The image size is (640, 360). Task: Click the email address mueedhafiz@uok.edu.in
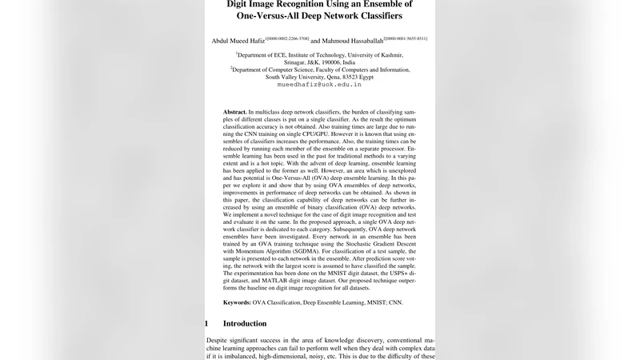(x=319, y=84)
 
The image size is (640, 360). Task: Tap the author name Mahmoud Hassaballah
(x=351, y=41)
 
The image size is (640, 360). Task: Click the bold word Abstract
(x=235, y=112)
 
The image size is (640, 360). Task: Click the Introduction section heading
(x=245, y=323)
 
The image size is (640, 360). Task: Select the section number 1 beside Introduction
(x=207, y=323)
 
